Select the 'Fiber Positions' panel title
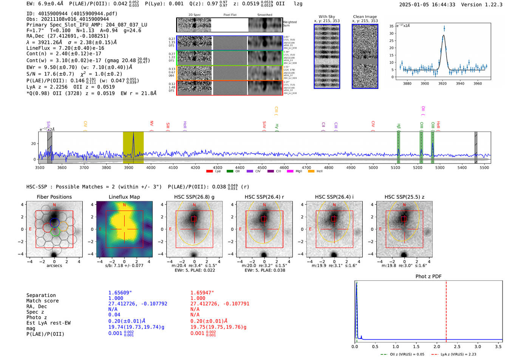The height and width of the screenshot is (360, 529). pyautogui.click(x=54, y=197)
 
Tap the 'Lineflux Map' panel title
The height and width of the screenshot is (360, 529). pyautogui.click(x=124, y=197)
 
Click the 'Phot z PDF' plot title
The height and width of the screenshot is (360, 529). pyautogui.click(x=428, y=276)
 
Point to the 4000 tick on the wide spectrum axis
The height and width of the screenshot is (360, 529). pyautogui.click(x=151, y=167)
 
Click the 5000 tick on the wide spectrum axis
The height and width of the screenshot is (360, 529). pyautogui.click(x=373, y=167)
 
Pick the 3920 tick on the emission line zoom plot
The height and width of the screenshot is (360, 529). pyautogui.click(x=442, y=83)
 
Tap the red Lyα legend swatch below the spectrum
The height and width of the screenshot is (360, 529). pyautogui.click(x=209, y=172)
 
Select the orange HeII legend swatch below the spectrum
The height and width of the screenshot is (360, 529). pyautogui.click(x=311, y=172)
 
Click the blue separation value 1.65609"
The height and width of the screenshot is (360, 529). pyautogui.click(x=120, y=293)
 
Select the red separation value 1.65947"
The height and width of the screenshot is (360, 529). pyautogui.click(x=202, y=293)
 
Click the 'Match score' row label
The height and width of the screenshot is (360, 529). pyautogui.click(x=42, y=301)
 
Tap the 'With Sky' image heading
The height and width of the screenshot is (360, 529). pyautogui.click(x=326, y=17)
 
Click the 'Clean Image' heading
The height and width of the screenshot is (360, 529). pyautogui.click(x=365, y=17)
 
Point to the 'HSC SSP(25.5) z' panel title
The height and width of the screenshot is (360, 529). pyautogui.click(x=404, y=197)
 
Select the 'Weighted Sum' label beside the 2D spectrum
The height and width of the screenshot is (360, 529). pyautogui.click(x=289, y=23)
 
